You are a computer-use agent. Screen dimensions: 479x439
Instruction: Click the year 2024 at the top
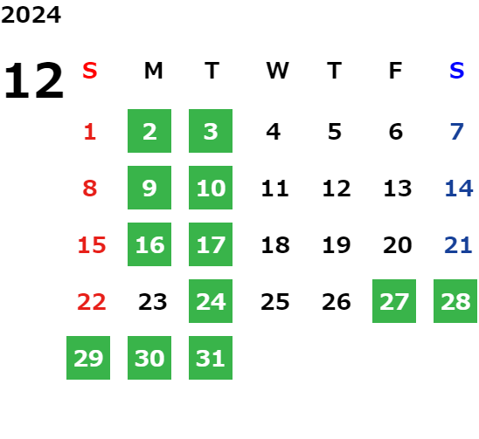pos(31,15)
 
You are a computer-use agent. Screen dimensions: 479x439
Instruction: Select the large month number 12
pos(34,80)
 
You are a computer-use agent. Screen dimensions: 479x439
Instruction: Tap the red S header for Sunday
pos(90,71)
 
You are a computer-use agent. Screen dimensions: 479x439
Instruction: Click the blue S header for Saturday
pos(456,71)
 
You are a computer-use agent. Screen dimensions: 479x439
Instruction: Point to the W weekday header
pos(277,71)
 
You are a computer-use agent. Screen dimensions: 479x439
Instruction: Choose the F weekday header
pos(395,71)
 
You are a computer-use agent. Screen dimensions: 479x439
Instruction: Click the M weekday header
pos(153,71)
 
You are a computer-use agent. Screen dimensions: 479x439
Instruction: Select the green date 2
pos(149,131)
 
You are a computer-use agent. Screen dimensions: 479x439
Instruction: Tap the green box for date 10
pos(211,188)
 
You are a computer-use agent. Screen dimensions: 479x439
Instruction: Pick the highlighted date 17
pos(211,244)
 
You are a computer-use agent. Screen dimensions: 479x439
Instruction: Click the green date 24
pos(211,301)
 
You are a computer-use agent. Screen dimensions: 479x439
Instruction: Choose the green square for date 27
pos(394,301)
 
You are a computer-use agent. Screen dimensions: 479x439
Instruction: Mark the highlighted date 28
pos(455,301)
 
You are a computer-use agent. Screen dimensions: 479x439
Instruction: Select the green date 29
pos(88,358)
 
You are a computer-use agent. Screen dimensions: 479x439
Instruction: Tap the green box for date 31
pos(211,358)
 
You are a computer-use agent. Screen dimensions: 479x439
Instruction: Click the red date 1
pos(90,132)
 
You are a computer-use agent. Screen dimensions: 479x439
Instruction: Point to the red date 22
pos(92,302)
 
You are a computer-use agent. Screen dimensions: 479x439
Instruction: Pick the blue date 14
pos(459,189)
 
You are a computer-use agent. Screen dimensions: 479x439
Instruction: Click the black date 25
pos(275,302)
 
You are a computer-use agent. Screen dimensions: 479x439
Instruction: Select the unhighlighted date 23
pos(153,302)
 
